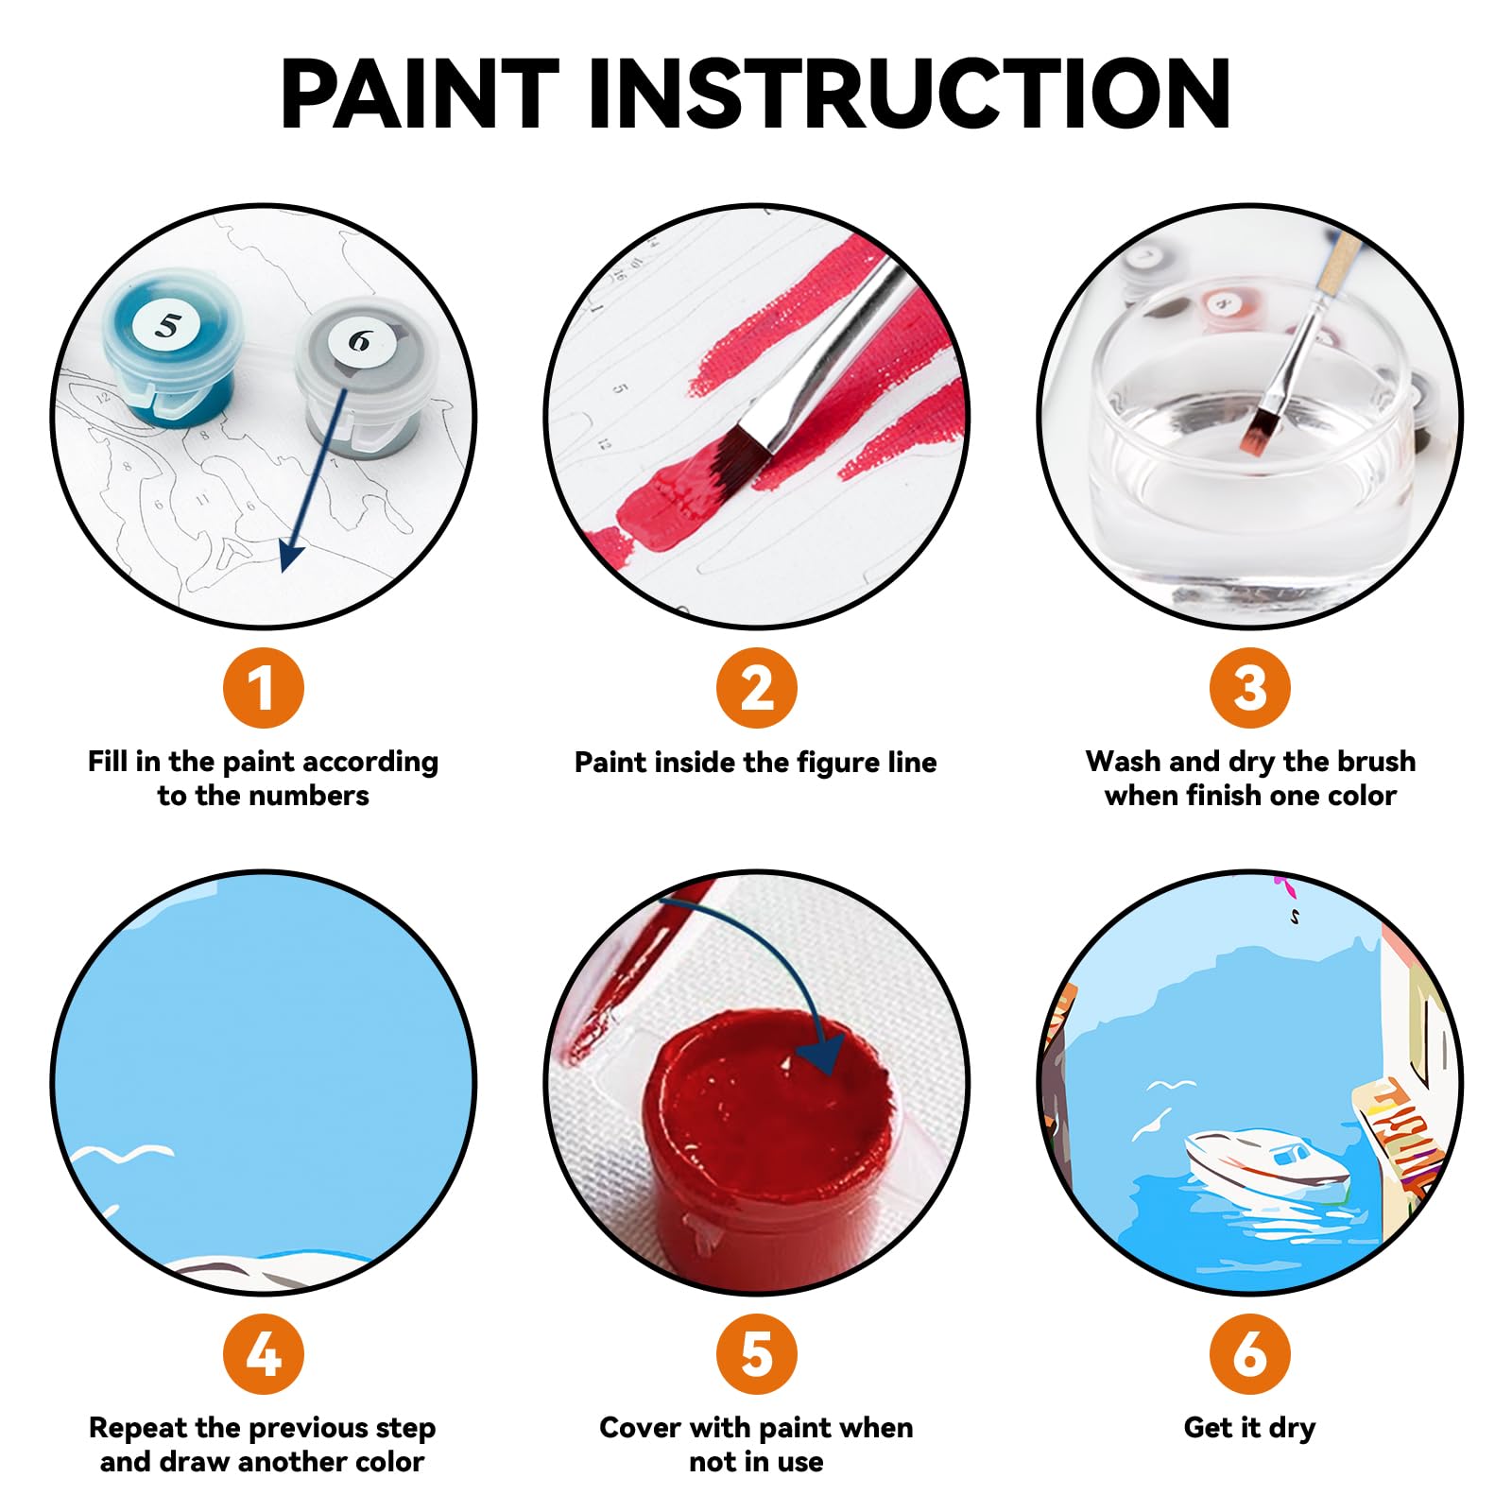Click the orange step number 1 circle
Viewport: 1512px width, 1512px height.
[264, 688]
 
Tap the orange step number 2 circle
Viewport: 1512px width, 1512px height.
[756, 688]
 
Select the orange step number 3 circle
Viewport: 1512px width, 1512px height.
[1249, 688]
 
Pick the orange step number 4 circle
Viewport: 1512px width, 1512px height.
[264, 1354]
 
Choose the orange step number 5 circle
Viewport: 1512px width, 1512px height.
[756, 1354]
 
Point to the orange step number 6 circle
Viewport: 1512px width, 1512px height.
[1249, 1354]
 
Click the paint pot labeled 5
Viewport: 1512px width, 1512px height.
[170, 350]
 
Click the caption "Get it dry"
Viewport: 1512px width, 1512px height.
[1249, 1427]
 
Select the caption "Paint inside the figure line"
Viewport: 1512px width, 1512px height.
[756, 763]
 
